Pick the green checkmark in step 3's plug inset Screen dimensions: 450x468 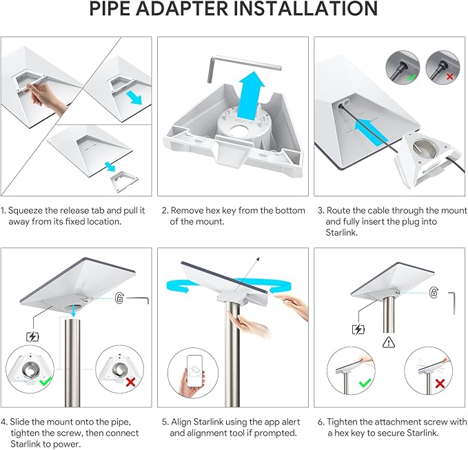pos(412,78)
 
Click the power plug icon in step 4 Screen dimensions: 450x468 pos(32,337)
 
